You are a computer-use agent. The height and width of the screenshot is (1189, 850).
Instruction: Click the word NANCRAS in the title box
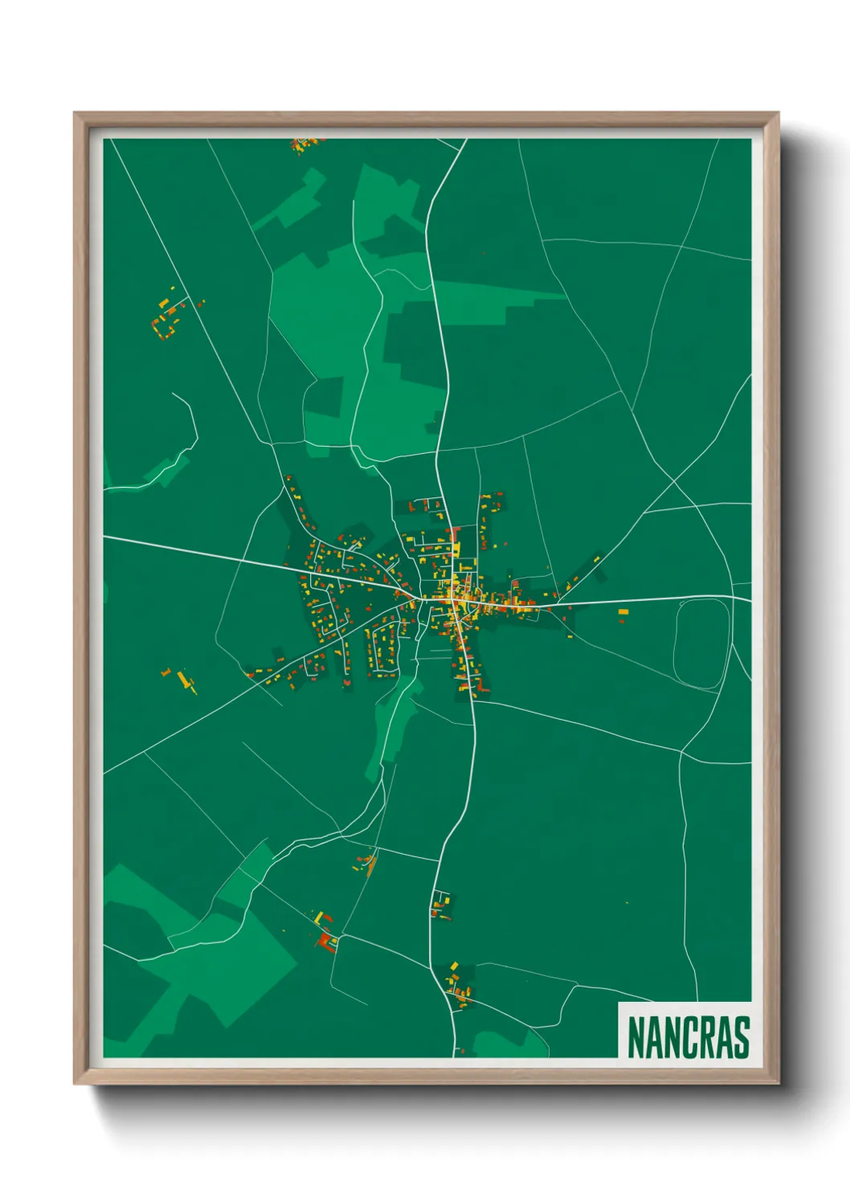[688, 1037]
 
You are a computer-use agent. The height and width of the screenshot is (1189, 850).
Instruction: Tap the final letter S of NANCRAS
[742, 1037]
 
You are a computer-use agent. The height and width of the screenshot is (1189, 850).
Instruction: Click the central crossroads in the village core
[456, 601]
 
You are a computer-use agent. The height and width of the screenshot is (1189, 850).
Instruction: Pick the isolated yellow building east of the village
[623, 613]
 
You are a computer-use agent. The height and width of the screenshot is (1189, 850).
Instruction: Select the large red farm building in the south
[325, 939]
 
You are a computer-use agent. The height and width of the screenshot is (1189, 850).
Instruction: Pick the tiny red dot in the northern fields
[483, 253]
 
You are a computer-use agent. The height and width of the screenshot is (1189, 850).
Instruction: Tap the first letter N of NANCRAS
[635, 1037]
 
